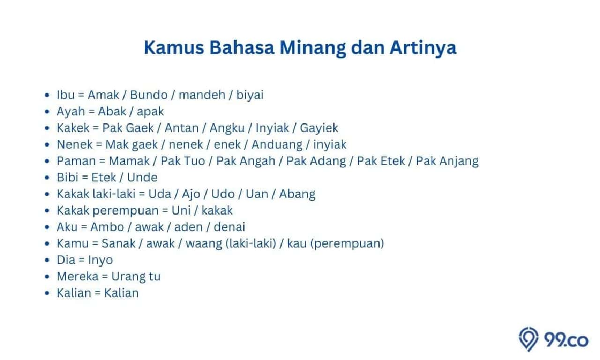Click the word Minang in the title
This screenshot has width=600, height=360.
point(312,48)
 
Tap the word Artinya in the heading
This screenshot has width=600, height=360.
point(423,48)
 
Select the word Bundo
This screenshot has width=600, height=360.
point(149,95)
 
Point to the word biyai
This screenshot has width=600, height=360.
point(250,95)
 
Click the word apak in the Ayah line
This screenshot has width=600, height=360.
point(150,112)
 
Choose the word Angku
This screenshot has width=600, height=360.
point(227,128)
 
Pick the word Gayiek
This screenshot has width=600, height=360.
point(319,128)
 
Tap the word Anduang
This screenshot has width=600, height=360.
point(277,145)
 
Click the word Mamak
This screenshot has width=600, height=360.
point(129,161)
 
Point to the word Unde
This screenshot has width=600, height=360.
point(142,178)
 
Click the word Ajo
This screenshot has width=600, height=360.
point(191,195)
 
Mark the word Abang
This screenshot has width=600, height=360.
point(297,195)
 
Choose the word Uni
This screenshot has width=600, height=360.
point(181,210)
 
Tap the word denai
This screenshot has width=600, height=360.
point(230,227)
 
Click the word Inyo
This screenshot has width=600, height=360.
point(100,261)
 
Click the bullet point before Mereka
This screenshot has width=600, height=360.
point(47,277)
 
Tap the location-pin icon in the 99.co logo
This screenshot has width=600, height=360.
point(528,339)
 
